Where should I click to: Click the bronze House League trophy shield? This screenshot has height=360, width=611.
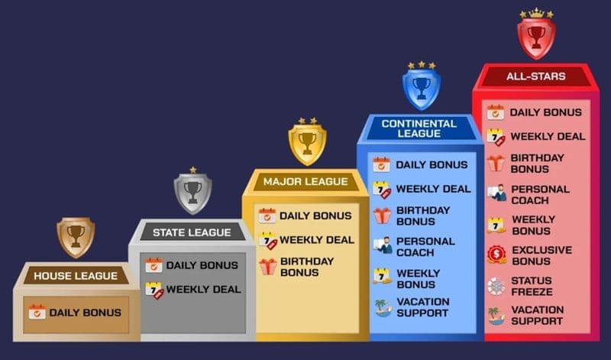76,236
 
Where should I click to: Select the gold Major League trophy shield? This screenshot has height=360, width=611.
307,143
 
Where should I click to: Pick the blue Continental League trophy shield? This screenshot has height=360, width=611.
422,88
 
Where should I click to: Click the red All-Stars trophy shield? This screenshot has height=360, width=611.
536,37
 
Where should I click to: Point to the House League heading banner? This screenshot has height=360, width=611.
75,275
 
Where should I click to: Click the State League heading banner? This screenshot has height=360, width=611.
191,232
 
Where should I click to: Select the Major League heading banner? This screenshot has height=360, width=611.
305,182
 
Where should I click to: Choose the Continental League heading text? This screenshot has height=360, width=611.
419,128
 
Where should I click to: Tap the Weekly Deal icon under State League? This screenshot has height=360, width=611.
154,290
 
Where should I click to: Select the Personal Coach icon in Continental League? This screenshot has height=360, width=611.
382,246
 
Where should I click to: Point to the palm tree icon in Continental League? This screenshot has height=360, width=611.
383,307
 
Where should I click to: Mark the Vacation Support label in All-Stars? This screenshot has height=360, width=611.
537,316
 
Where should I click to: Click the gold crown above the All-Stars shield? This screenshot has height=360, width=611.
536,13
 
